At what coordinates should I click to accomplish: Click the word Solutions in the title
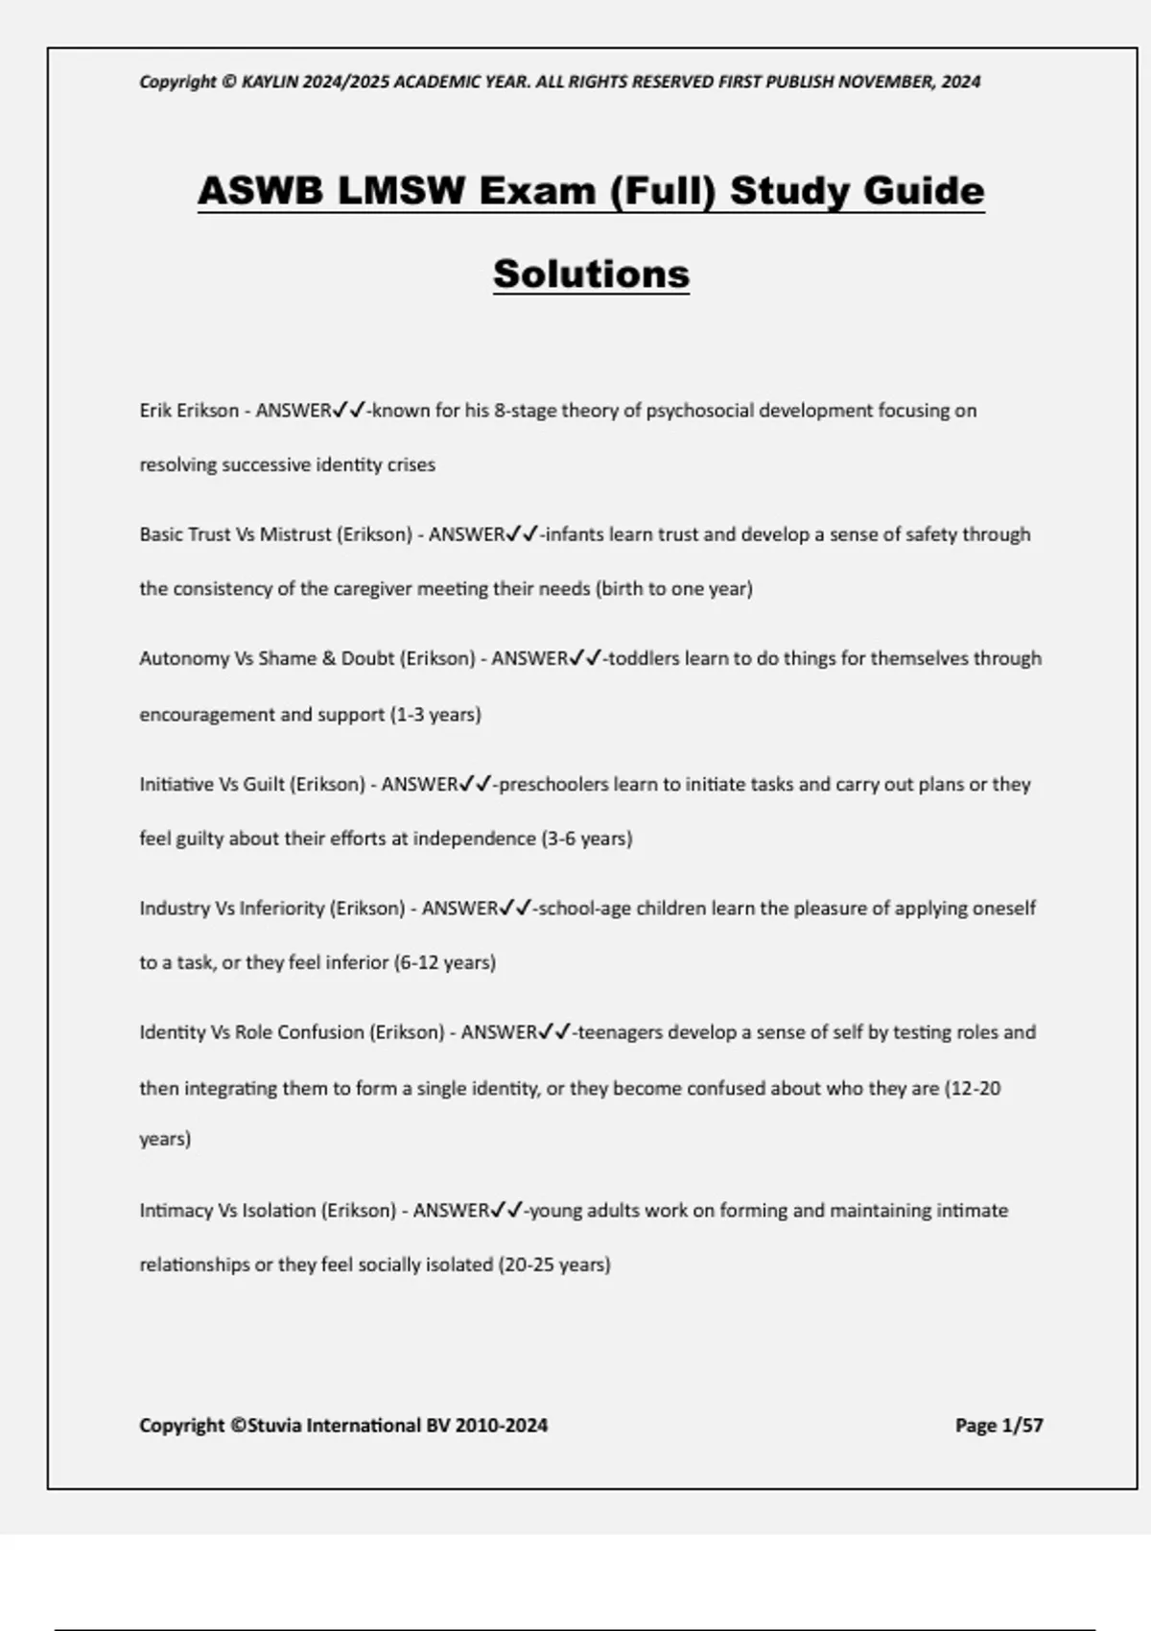tap(591, 274)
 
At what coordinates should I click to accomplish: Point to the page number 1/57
tap(1022, 1426)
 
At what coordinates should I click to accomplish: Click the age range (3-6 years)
tap(587, 839)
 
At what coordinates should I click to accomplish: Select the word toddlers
tap(644, 659)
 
